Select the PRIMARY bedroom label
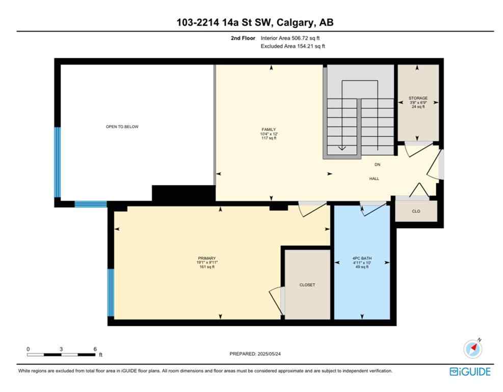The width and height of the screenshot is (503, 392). (207, 258)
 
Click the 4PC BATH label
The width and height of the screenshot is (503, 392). (362, 258)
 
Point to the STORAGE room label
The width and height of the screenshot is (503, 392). (418, 98)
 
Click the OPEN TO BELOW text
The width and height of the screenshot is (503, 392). (122, 127)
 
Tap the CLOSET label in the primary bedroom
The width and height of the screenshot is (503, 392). (307, 285)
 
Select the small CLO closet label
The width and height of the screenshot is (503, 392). (416, 211)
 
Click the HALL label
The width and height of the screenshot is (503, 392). (374, 178)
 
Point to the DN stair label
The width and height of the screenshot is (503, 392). (377, 164)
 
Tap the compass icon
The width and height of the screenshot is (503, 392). (472, 349)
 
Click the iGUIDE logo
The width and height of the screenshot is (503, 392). (470, 372)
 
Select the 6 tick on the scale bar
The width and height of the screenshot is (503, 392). (95, 349)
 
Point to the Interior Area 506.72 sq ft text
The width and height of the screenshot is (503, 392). (290, 38)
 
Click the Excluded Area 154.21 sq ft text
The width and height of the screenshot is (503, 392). (293, 46)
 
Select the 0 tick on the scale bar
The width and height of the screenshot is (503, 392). (28, 349)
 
